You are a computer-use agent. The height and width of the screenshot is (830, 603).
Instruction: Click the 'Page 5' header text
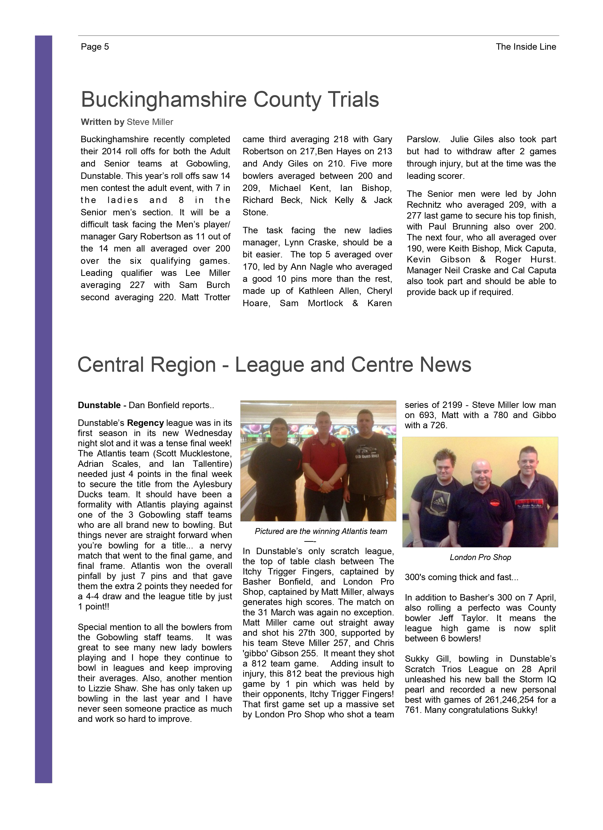click(x=95, y=47)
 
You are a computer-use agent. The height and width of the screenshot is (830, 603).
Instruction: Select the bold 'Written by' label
click(x=102, y=122)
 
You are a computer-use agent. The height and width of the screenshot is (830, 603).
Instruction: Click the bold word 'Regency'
click(x=145, y=423)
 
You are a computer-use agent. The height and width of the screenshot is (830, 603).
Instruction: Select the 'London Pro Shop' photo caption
click(x=480, y=557)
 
